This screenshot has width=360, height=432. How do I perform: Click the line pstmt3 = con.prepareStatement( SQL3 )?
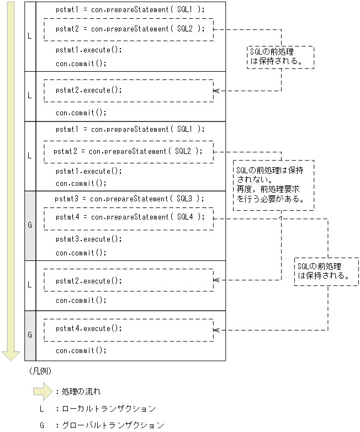click(129, 199)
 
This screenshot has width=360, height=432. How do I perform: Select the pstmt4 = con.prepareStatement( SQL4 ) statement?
click(130, 217)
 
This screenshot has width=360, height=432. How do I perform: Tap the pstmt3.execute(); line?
click(89, 239)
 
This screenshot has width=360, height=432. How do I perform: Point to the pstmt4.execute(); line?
click(89, 328)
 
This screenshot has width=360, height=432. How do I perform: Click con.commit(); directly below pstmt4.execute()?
click(81, 350)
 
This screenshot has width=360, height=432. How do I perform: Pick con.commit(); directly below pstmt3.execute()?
click(81, 253)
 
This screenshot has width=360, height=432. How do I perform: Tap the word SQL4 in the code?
click(185, 217)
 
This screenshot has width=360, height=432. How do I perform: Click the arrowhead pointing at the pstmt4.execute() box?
click(216, 330)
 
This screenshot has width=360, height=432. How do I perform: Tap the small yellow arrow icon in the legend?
click(43, 392)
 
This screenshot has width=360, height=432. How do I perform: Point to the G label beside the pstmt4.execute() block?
click(30, 335)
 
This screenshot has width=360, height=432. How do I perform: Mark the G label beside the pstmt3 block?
click(30, 226)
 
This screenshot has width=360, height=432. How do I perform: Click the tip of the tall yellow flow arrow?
click(10, 359)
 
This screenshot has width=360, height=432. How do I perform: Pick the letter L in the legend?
click(41, 409)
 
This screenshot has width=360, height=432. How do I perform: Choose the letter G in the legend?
click(41, 425)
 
